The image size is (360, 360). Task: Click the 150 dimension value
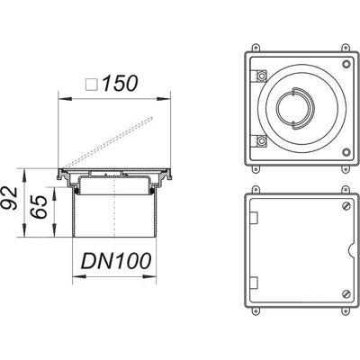coord(120,83)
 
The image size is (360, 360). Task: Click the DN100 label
coord(116,260)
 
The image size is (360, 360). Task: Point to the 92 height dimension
coord(10,198)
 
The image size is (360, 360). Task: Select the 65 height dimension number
coord(39,207)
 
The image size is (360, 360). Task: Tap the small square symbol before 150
coord(92,85)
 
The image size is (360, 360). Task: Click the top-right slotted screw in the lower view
coord(346,206)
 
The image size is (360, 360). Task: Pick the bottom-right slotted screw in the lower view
coord(346,293)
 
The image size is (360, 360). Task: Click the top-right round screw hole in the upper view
coord(346,64)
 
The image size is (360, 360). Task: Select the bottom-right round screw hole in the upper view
coord(346,152)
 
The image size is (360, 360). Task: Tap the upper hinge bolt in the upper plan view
coord(262,76)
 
